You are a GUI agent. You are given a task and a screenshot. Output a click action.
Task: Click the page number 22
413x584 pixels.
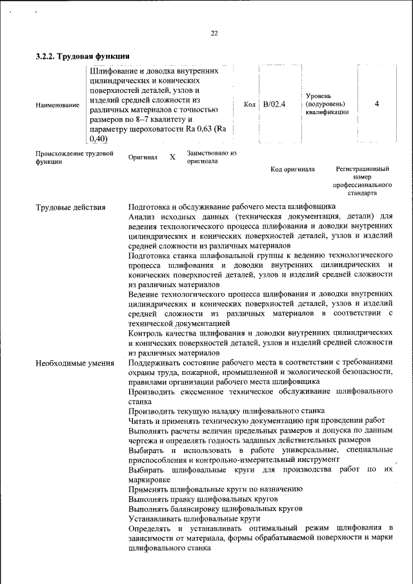coord(214,34)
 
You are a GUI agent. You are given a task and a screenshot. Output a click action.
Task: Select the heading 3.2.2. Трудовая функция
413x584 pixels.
coord(83,56)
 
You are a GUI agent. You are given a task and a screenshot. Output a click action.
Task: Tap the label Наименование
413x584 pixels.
coord(58,105)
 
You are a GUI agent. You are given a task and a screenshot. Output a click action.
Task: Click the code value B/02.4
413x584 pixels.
coord(274,103)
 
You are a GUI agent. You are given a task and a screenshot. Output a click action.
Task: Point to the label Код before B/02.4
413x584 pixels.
coord(250,104)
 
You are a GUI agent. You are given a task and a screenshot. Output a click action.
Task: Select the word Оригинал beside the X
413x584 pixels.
coord(143,157)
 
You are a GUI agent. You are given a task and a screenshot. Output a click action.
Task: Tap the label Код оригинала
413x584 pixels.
coord(292,169)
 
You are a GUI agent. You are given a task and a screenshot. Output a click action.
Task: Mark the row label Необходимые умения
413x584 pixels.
coord(75,363)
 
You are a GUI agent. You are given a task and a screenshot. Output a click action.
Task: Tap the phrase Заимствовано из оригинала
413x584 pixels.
coord(212,157)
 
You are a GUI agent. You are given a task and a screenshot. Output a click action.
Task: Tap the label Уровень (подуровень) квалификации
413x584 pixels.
coord(327,103)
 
